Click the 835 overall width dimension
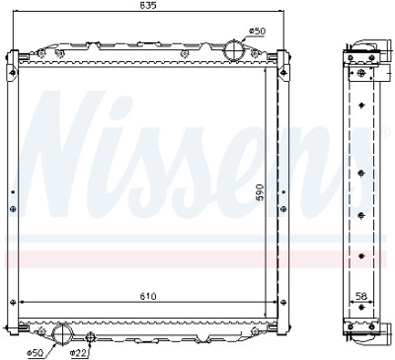148,5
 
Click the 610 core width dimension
148,297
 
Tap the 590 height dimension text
260,192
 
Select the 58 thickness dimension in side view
361,296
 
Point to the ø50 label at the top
257,32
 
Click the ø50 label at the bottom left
35,353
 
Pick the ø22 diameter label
78,353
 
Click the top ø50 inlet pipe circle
233,50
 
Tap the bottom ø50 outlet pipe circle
61,333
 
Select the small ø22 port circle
90,336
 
